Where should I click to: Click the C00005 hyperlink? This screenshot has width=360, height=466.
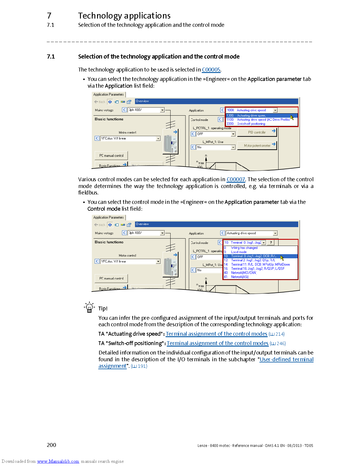pos(211,70)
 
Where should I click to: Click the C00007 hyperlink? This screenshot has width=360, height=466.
pos(236,179)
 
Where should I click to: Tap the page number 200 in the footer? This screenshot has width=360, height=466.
pos(51,445)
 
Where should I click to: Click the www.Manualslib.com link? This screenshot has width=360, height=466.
pos(58,461)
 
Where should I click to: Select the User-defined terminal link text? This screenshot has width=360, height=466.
pos(286,360)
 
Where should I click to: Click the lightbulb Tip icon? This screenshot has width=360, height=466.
pos(89,307)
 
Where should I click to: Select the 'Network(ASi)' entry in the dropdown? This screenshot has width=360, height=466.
pos(239,277)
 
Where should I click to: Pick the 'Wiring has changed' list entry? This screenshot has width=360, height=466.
pos(244,248)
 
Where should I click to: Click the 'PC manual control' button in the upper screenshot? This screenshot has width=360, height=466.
pos(111,156)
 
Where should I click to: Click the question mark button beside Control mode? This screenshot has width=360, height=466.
pos(271,243)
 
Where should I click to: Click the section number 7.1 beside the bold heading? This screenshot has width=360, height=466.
pos(51,56)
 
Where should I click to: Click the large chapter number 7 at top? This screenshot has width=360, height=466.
pos(49,16)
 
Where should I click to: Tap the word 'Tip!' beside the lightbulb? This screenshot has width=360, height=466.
pos(103,309)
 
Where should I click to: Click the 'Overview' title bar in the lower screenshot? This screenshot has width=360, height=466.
pos(216,224)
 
